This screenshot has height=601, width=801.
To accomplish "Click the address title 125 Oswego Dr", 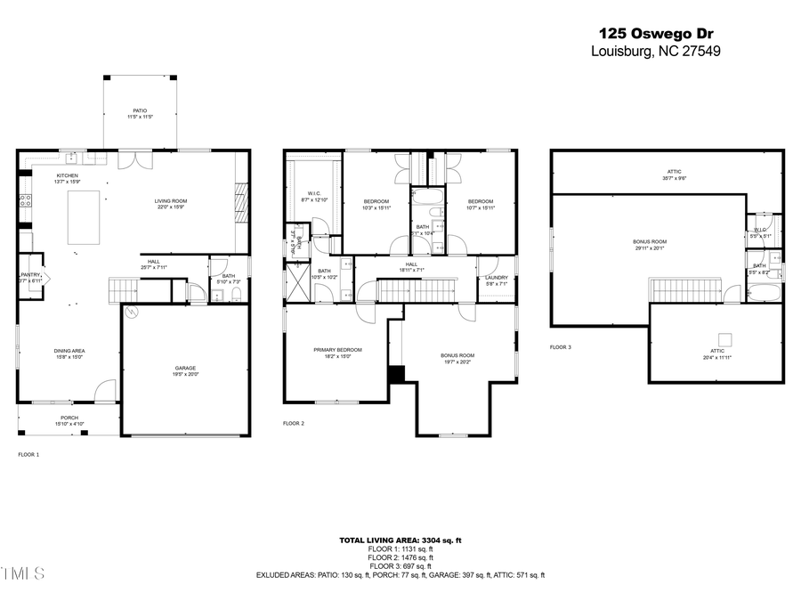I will coord(656,33).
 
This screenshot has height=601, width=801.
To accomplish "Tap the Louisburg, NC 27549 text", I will coord(656,52).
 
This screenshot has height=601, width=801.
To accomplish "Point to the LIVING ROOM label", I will coord(170,201).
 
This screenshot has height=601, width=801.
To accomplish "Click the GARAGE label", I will coord(185,367).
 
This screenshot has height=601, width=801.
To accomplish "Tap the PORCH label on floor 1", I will coord(69,418).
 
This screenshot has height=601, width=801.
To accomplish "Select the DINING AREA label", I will coord(69,351).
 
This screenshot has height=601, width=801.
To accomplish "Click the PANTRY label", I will coord(30,275).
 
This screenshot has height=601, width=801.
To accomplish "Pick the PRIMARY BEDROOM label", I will coord(337,350).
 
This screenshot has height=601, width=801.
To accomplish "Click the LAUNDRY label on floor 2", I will coord(496,278).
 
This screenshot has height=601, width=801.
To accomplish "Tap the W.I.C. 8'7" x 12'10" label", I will coord(314,195).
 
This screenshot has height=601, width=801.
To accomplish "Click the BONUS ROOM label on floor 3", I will coord(650,242).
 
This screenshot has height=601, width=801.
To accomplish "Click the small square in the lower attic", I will coord(726,339).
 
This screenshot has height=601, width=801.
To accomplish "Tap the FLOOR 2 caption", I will coord(294,424).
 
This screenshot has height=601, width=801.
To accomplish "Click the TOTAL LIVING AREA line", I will coord(400,540).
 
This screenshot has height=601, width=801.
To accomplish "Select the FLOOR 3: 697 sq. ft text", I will coord(400,566).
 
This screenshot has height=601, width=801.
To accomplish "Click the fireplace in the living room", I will coord(238,200).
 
